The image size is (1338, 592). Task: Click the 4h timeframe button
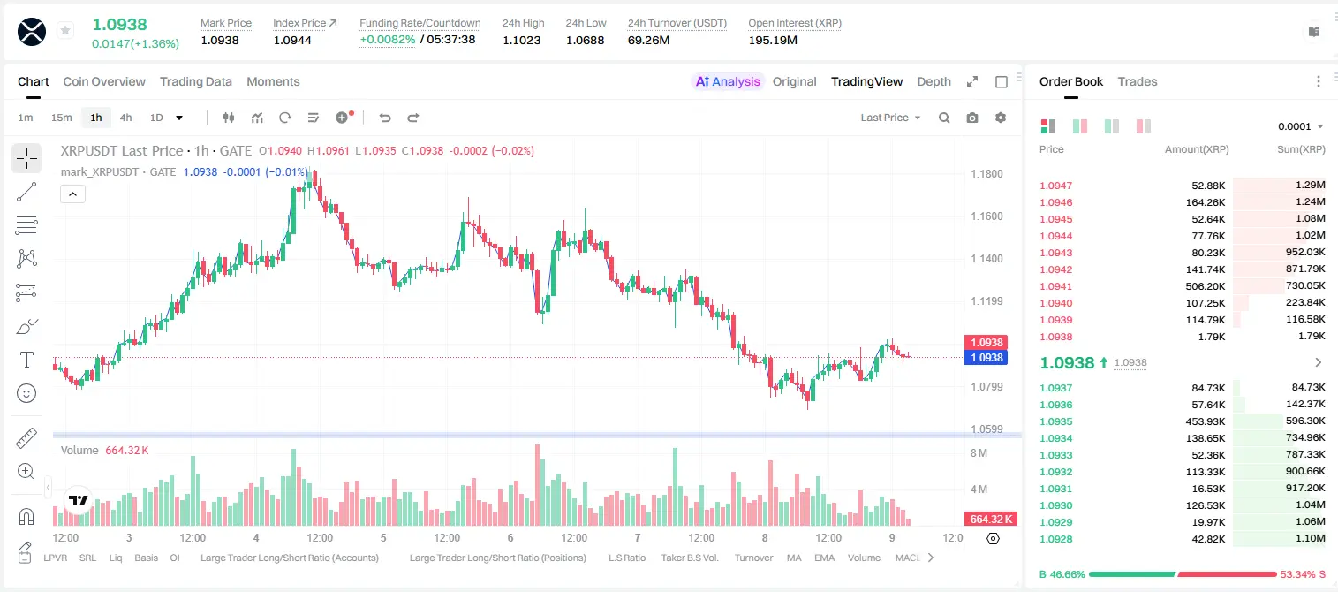tap(125, 118)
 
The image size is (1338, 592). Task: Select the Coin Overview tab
tap(104, 81)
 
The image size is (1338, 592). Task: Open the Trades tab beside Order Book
tap(1138, 81)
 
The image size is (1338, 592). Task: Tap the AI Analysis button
tap(728, 81)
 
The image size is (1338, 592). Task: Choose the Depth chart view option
tap(934, 81)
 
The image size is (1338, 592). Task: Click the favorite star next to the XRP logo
tap(65, 30)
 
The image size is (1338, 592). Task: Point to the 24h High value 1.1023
tap(521, 40)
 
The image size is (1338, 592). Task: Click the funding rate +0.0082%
tap(387, 40)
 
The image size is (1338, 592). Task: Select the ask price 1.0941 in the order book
tap(1055, 286)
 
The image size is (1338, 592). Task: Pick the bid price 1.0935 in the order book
tap(1055, 421)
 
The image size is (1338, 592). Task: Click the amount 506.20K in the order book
tap(1205, 286)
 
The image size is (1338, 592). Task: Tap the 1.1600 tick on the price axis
tap(986, 216)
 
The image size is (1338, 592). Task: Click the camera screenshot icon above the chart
tap(972, 118)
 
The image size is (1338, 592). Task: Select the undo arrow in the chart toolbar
tap(385, 118)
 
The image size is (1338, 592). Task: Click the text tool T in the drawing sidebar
tap(26, 360)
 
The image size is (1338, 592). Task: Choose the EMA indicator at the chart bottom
tap(824, 558)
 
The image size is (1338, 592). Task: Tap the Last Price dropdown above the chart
tap(890, 118)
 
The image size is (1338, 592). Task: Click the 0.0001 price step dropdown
tap(1300, 126)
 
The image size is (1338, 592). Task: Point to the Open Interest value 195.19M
tap(773, 40)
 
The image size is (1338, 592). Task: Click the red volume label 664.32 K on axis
tap(991, 520)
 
